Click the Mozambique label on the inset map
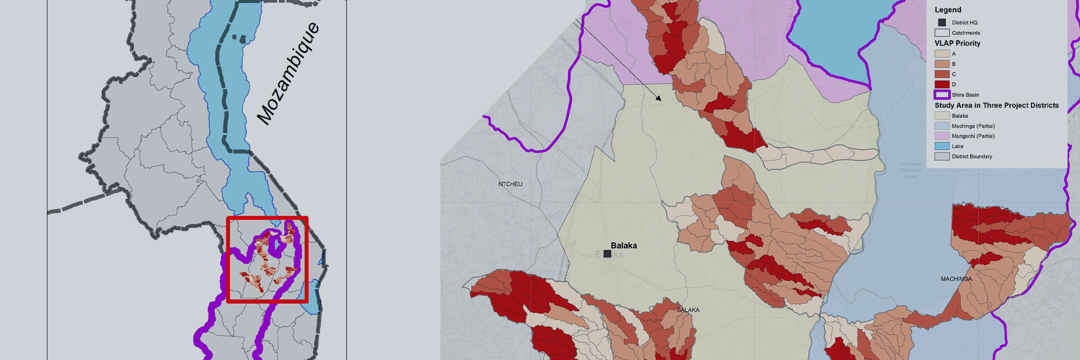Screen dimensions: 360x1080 288,73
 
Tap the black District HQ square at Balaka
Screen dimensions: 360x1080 607,254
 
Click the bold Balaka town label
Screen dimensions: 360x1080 624,246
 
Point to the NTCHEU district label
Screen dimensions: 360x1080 510,184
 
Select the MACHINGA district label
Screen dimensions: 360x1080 956,279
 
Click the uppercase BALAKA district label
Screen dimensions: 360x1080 688,310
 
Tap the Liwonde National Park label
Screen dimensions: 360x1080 911,170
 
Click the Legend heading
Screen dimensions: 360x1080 948,10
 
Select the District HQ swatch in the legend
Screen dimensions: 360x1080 942,22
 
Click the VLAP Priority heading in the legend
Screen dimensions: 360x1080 957,43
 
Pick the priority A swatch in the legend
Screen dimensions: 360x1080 942,54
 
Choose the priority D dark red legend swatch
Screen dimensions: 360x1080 942,84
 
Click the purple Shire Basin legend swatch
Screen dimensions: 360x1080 942,94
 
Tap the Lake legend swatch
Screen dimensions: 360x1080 942,146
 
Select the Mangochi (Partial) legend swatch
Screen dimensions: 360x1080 942,136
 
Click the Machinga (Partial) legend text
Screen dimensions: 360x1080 973,126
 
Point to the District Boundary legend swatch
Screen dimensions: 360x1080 942,157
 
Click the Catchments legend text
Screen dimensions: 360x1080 966,33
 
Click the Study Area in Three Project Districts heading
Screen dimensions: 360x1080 997,105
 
